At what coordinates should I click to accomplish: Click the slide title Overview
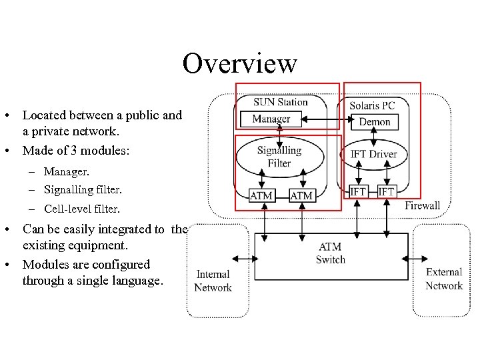click(239, 64)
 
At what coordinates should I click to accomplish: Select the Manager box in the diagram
click(271, 119)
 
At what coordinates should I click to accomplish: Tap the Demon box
click(375, 122)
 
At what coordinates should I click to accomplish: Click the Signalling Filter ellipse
click(279, 157)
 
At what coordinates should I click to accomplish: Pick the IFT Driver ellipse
click(373, 154)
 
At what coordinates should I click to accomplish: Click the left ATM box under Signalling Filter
click(261, 195)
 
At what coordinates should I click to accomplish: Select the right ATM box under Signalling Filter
click(302, 195)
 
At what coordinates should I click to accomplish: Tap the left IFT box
click(359, 192)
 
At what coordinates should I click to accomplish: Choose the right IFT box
click(386, 192)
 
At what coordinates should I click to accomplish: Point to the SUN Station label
click(280, 102)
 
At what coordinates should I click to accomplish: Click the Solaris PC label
click(372, 105)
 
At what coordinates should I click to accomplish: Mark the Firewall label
click(422, 205)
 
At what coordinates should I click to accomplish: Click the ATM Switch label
click(330, 253)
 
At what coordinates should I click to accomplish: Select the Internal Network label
click(213, 281)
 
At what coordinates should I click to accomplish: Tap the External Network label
click(443, 279)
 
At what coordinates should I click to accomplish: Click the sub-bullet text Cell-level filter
click(83, 209)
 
